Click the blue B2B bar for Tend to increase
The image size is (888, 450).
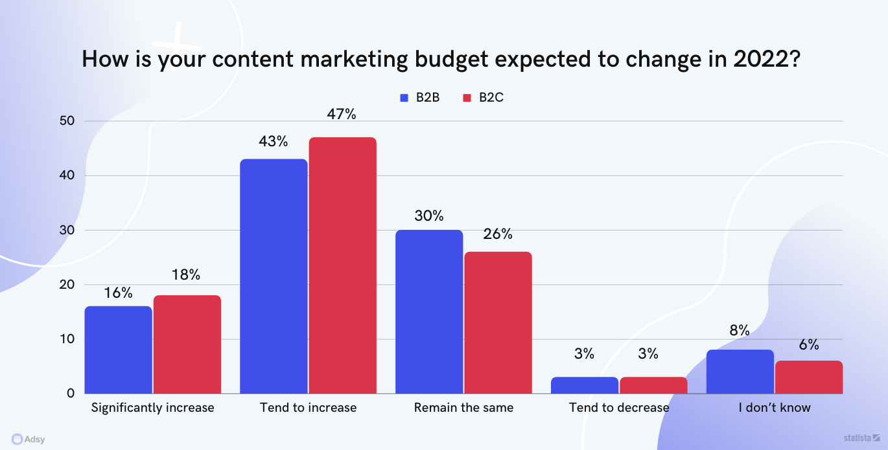[274, 276]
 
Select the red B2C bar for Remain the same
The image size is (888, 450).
[498, 322]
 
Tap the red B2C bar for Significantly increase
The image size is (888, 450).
[187, 344]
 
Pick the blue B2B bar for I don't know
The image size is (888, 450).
[740, 371]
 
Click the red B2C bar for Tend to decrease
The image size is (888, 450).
[653, 385]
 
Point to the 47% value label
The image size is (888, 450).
[342, 115]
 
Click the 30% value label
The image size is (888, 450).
[429, 216]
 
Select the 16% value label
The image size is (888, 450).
[118, 293]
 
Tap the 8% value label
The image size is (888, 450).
[740, 330]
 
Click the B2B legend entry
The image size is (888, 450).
[420, 98]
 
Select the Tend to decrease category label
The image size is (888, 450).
[619, 408]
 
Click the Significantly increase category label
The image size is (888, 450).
[152, 408]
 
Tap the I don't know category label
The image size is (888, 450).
[775, 408]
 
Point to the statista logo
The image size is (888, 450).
[861, 438]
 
